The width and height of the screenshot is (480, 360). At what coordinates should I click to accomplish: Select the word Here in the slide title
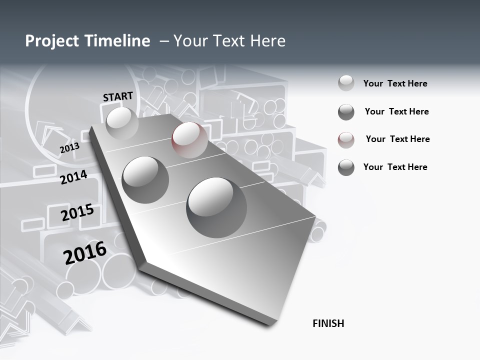click(267, 41)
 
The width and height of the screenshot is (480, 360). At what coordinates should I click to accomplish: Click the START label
click(118, 96)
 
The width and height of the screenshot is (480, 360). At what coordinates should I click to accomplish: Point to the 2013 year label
click(69, 148)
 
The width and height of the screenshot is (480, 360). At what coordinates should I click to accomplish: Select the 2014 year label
click(74, 177)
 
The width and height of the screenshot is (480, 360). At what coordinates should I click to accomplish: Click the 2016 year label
click(85, 252)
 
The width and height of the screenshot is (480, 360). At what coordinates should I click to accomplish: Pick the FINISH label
click(328, 323)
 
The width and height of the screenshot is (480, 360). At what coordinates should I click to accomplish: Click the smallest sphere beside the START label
click(122, 123)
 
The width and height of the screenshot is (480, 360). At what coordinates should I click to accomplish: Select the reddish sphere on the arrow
click(189, 139)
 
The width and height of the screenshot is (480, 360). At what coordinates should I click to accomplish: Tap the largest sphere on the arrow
click(216, 207)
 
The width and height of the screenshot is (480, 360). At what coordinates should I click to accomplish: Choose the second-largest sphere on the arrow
click(145, 179)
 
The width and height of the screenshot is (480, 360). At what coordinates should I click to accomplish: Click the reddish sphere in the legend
click(346, 140)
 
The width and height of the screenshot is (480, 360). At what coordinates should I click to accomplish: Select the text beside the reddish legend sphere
click(397, 139)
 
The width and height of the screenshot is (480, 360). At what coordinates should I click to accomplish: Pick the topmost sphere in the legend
click(346, 83)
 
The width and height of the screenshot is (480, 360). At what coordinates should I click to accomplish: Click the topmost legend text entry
click(395, 83)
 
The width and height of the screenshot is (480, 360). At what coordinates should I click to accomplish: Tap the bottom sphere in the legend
click(346, 167)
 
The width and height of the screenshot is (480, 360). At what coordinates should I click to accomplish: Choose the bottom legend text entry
click(395, 167)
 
